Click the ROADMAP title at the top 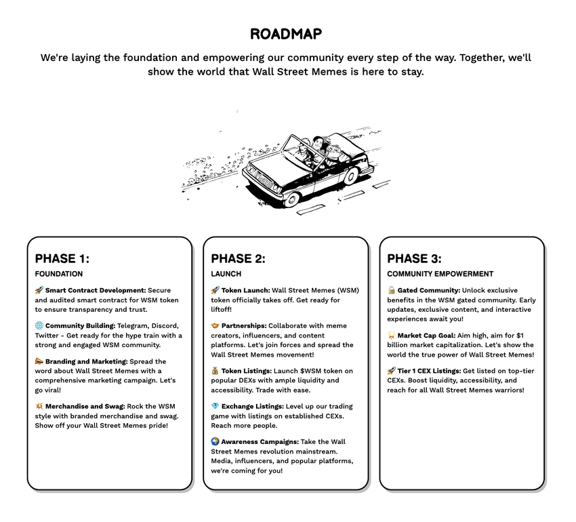[x=285, y=34]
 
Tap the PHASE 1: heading [x=62, y=258]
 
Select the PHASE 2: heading [x=238, y=258]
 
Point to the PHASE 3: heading [x=414, y=258]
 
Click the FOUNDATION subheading [x=59, y=274]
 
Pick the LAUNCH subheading [x=226, y=274]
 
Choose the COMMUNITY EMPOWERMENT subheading [x=440, y=274]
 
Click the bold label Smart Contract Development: [x=96, y=290]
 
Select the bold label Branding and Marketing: [x=86, y=361]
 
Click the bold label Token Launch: [x=245, y=290]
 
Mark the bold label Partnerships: [x=244, y=325]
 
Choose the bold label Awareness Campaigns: [x=260, y=441]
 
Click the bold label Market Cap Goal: [x=429, y=335]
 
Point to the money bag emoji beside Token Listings [x=215, y=371]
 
